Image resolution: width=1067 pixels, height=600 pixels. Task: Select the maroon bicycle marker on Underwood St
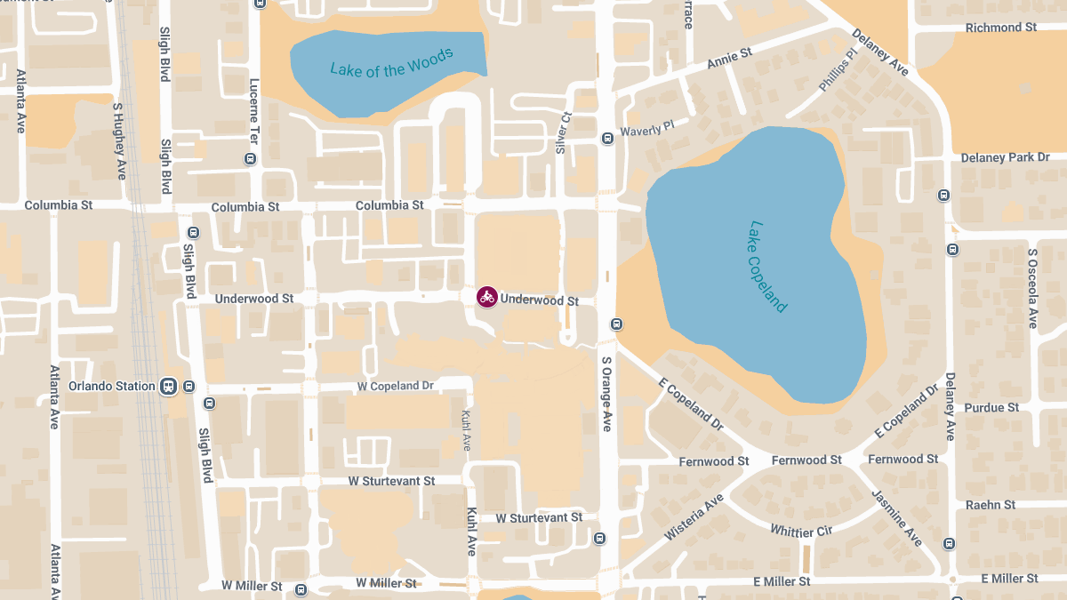point(486,298)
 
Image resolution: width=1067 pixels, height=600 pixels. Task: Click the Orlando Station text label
point(112,387)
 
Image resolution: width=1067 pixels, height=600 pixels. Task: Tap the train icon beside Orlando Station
point(167,387)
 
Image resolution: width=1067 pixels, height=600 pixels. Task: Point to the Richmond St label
point(1000,28)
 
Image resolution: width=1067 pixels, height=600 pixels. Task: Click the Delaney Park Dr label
point(1005,157)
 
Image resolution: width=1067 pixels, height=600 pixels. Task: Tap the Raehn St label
point(991,505)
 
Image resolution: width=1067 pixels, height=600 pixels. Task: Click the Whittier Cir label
point(801,531)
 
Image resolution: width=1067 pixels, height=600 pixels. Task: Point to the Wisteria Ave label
point(694,519)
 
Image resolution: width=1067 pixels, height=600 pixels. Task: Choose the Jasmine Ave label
point(897,517)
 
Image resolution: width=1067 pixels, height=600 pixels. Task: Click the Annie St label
point(729,59)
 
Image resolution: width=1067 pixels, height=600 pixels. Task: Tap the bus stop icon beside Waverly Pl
point(607,138)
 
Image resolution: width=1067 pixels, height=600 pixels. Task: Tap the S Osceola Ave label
point(1032,288)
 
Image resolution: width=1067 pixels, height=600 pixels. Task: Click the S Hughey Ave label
point(119,140)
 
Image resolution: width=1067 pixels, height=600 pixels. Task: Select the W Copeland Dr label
point(395,386)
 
